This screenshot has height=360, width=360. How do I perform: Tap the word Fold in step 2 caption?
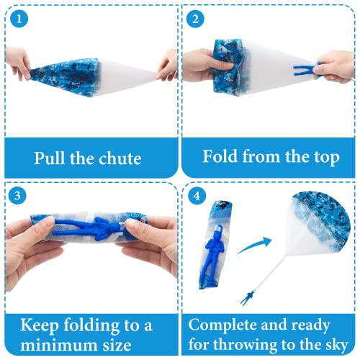tap(223, 157)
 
